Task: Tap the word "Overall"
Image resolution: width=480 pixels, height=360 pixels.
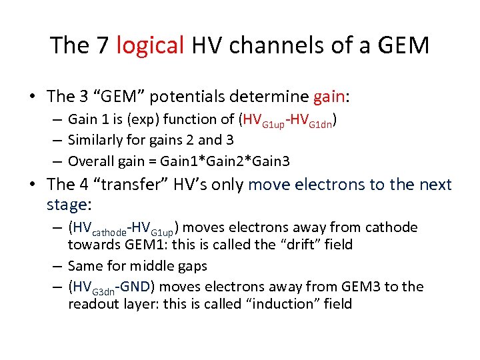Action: pos(90,161)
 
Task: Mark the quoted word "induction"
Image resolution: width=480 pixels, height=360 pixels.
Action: pos(275,304)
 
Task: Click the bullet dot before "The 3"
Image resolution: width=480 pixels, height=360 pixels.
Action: pos(33,97)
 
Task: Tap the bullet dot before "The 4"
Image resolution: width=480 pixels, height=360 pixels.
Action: pos(33,185)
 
